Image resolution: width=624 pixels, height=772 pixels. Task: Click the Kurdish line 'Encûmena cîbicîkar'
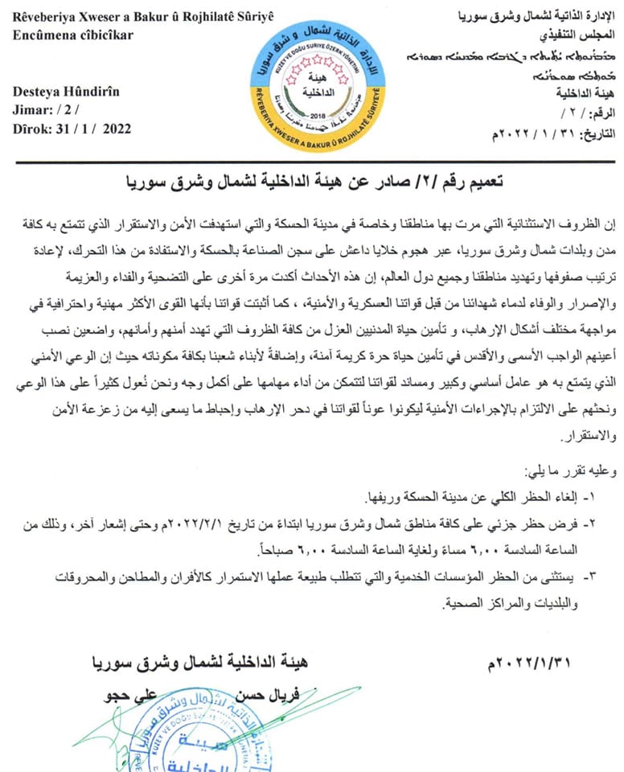pyautogui.click(x=72, y=35)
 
